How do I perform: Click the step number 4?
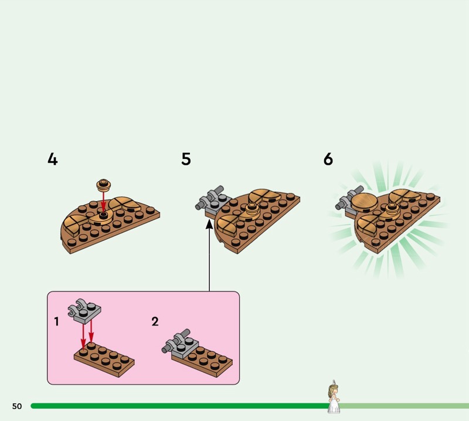pyautogui.click(x=53, y=159)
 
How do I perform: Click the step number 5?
pyautogui.click(x=186, y=159)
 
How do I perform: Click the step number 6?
pyautogui.click(x=328, y=159)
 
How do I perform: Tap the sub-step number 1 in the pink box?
pyautogui.click(x=56, y=322)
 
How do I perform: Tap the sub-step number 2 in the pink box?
pyautogui.click(x=155, y=322)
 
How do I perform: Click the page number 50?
pyautogui.click(x=17, y=406)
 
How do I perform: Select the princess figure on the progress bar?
pyautogui.click(x=334, y=397)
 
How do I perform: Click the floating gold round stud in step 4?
pyautogui.click(x=104, y=185)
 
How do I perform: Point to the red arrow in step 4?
pyautogui.click(x=104, y=202)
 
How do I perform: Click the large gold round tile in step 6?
pyautogui.click(x=364, y=202)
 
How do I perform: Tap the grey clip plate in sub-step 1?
pyautogui.click(x=84, y=311)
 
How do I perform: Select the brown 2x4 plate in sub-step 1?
pyautogui.click(x=104, y=359)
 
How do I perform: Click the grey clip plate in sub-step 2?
pyautogui.click(x=181, y=344)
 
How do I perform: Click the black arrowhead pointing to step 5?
pyautogui.click(x=209, y=224)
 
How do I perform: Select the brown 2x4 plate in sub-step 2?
pyautogui.click(x=202, y=361)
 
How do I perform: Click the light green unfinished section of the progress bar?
pyautogui.click(x=405, y=406)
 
